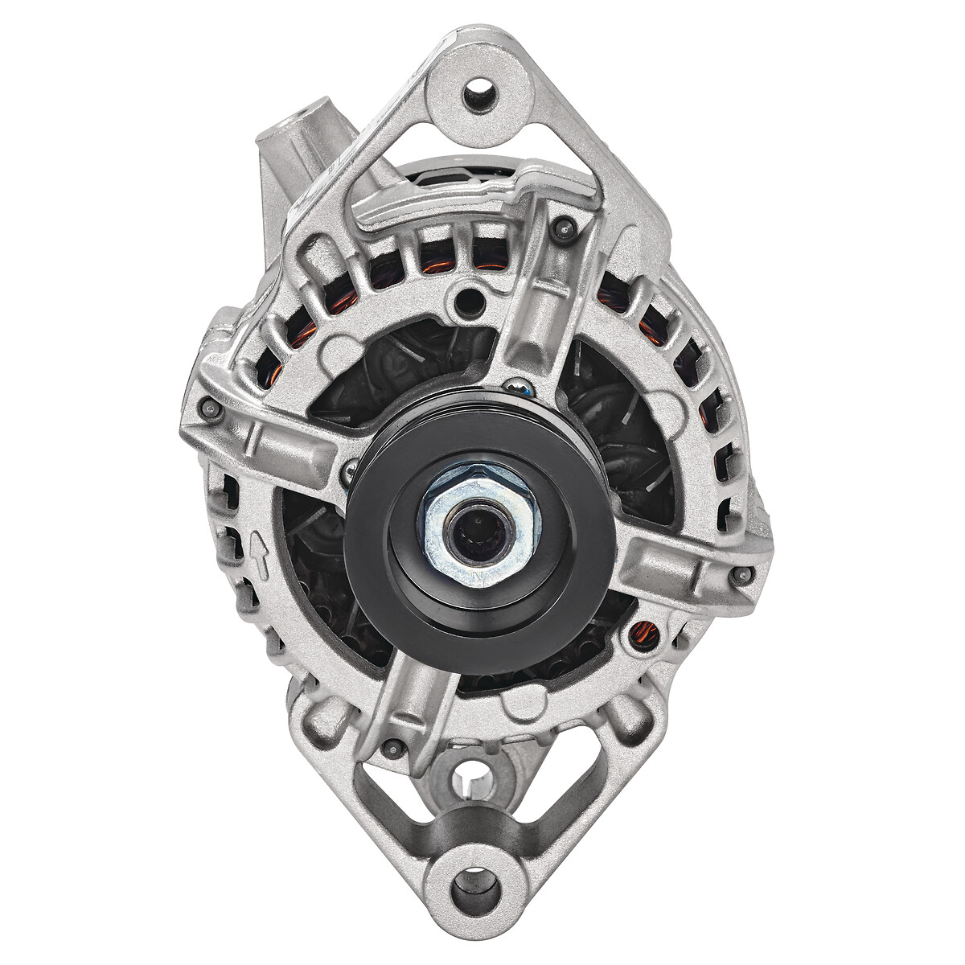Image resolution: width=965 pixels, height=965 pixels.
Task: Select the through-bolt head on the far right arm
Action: (x=744, y=574)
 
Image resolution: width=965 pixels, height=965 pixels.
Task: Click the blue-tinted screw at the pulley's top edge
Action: (x=524, y=389)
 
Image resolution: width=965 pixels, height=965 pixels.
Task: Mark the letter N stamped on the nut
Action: (x=480, y=577)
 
